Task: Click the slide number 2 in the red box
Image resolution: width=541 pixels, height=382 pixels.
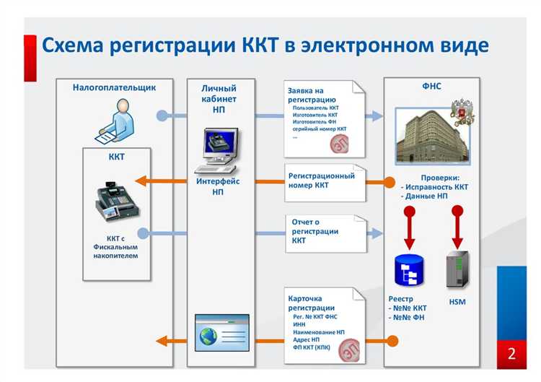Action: (x=511, y=354)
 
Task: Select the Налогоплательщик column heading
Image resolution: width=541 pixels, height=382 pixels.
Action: (x=114, y=87)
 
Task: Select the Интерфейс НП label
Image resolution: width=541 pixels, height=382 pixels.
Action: (x=218, y=186)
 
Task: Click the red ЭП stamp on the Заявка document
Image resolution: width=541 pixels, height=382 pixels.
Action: (x=339, y=144)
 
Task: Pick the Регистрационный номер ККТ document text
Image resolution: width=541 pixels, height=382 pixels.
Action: (x=321, y=181)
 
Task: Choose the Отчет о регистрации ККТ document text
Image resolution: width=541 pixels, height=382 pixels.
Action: (x=315, y=230)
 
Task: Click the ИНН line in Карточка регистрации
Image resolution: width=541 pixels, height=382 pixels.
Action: (x=299, y=324)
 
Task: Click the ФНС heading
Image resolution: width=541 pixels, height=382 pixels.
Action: (x=431, y=86)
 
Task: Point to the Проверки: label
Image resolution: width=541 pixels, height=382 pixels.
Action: (x=440, y=177)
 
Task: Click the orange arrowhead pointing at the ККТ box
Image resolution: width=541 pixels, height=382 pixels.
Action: (x=141, y=181)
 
